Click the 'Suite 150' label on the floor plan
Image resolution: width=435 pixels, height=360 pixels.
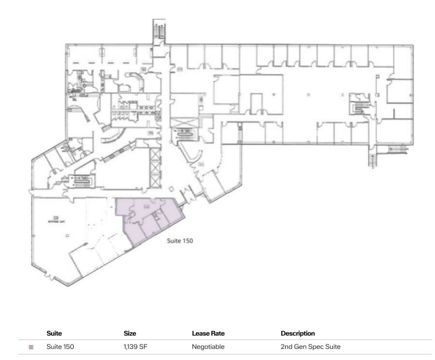(x=180, y=241)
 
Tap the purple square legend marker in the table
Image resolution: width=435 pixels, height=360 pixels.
(x=31, y=347)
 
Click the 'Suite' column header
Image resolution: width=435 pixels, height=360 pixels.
(x=54, y=333)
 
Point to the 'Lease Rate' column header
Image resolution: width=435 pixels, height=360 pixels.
(x=208, y=333)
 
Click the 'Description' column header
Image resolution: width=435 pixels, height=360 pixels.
(x=298, y=333)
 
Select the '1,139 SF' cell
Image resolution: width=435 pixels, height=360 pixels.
(x=135, y=347)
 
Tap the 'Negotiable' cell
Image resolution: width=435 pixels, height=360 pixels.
(x=208, y=347)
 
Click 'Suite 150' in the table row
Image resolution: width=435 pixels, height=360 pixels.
(x=60, y=347)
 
